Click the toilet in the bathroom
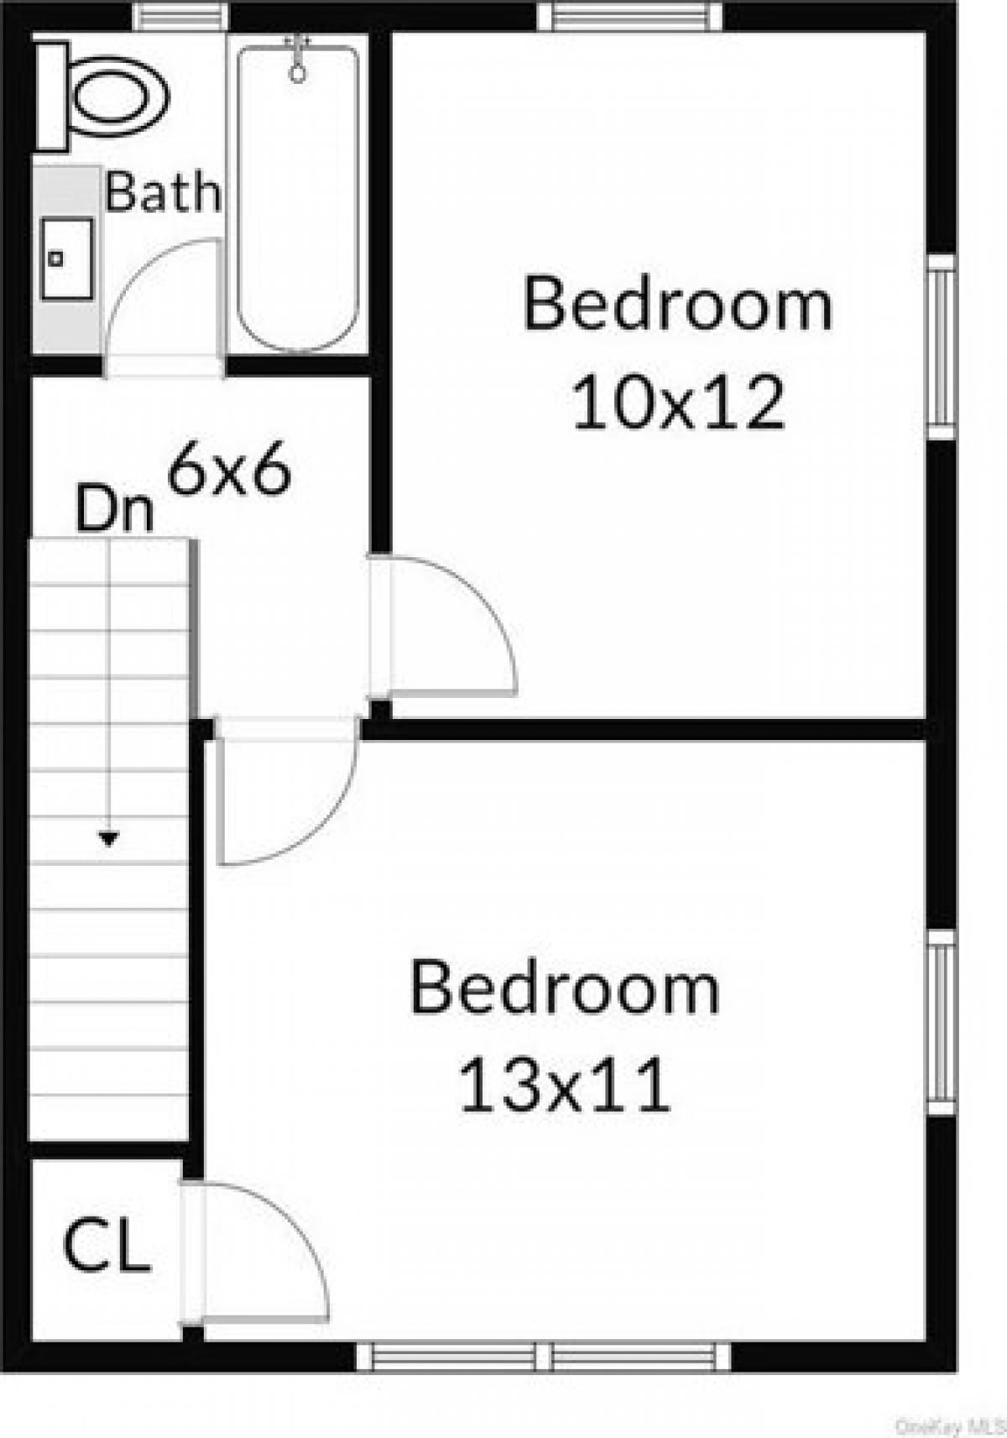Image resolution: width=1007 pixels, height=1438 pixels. coord(102,97)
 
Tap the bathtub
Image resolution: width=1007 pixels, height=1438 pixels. coord(297,199)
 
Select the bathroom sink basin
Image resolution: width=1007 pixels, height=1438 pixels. coord(67,258)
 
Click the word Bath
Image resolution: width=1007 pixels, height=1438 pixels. coord(163,192)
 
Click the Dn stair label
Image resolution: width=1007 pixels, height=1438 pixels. coord(115,509)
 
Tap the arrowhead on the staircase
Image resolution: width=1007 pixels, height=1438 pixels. coord(108,838)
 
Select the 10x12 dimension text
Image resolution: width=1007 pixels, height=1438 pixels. coord(679,403)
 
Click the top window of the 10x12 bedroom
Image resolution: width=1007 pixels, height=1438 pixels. coord(629,17)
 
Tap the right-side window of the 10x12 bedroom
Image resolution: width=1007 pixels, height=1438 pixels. coord(942,346)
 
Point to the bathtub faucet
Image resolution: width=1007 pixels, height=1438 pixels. coord(297,59)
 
